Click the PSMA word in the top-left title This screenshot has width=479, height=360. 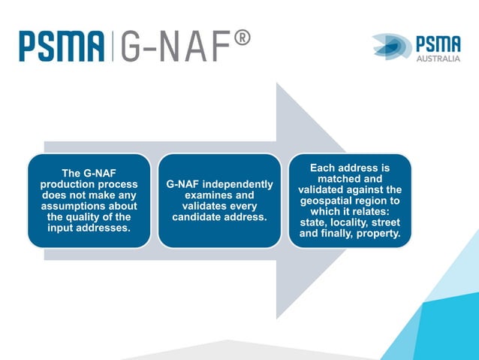pyautogui.click(x=62, y=47)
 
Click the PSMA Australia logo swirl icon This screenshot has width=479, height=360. pyautogui.click(x=391, y=46)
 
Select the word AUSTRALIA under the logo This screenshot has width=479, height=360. pyautogui.click(x=438, y=57)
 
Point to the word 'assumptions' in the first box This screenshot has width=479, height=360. pyautogui.click(x=89, y=206)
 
